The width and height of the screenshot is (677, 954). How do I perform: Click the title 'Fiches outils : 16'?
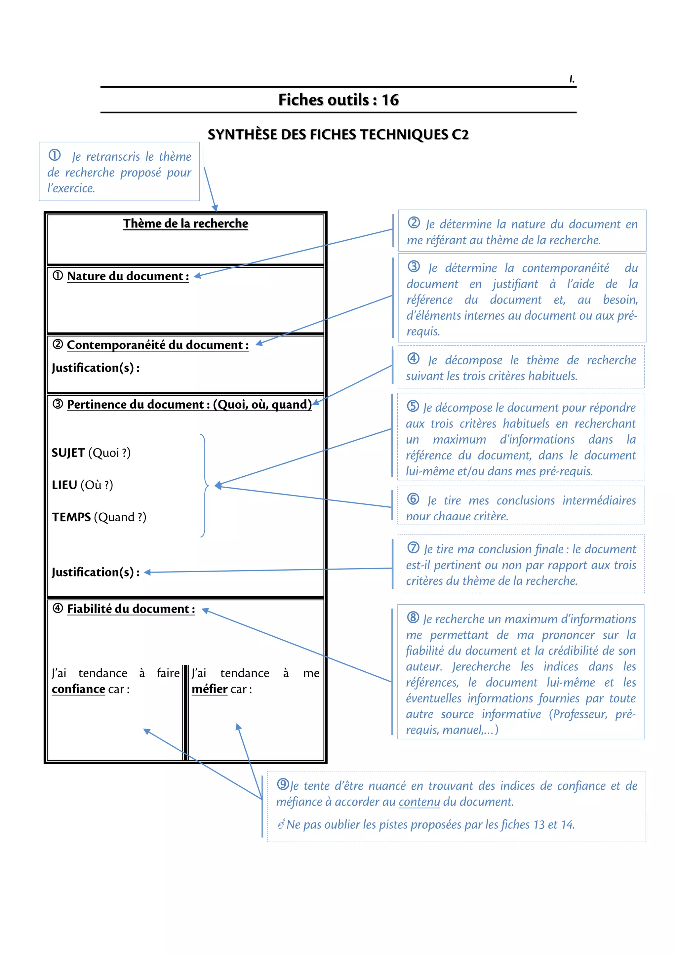[x=338, y=100]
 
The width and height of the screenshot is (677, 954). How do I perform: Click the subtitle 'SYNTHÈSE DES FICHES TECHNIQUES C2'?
[x=338, y=135]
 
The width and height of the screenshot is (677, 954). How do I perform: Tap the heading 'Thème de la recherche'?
[x=185, y=223]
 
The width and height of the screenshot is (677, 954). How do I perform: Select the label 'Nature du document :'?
[x=128, y=276]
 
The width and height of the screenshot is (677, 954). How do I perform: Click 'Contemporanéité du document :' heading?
[x=158, y=345]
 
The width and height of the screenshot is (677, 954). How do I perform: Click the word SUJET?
[x=68, y=453]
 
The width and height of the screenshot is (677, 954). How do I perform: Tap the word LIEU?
[x=64, y=485]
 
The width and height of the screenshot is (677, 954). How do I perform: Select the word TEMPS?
[x=71, y=517]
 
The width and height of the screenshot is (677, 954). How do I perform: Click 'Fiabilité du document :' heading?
[x=131, y=609]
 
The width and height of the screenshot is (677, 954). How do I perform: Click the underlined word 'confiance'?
[x=78, y=689]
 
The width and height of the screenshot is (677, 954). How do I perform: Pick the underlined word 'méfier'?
[x=209, y=689]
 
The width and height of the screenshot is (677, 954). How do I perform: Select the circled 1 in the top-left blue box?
[x=55, y=155]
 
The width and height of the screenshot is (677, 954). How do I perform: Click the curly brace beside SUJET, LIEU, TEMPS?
[x=204, y=486]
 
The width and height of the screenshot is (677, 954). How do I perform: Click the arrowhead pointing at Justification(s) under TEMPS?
[x=147, y=572]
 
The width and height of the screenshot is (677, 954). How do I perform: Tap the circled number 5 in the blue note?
[x=413, y=406]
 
